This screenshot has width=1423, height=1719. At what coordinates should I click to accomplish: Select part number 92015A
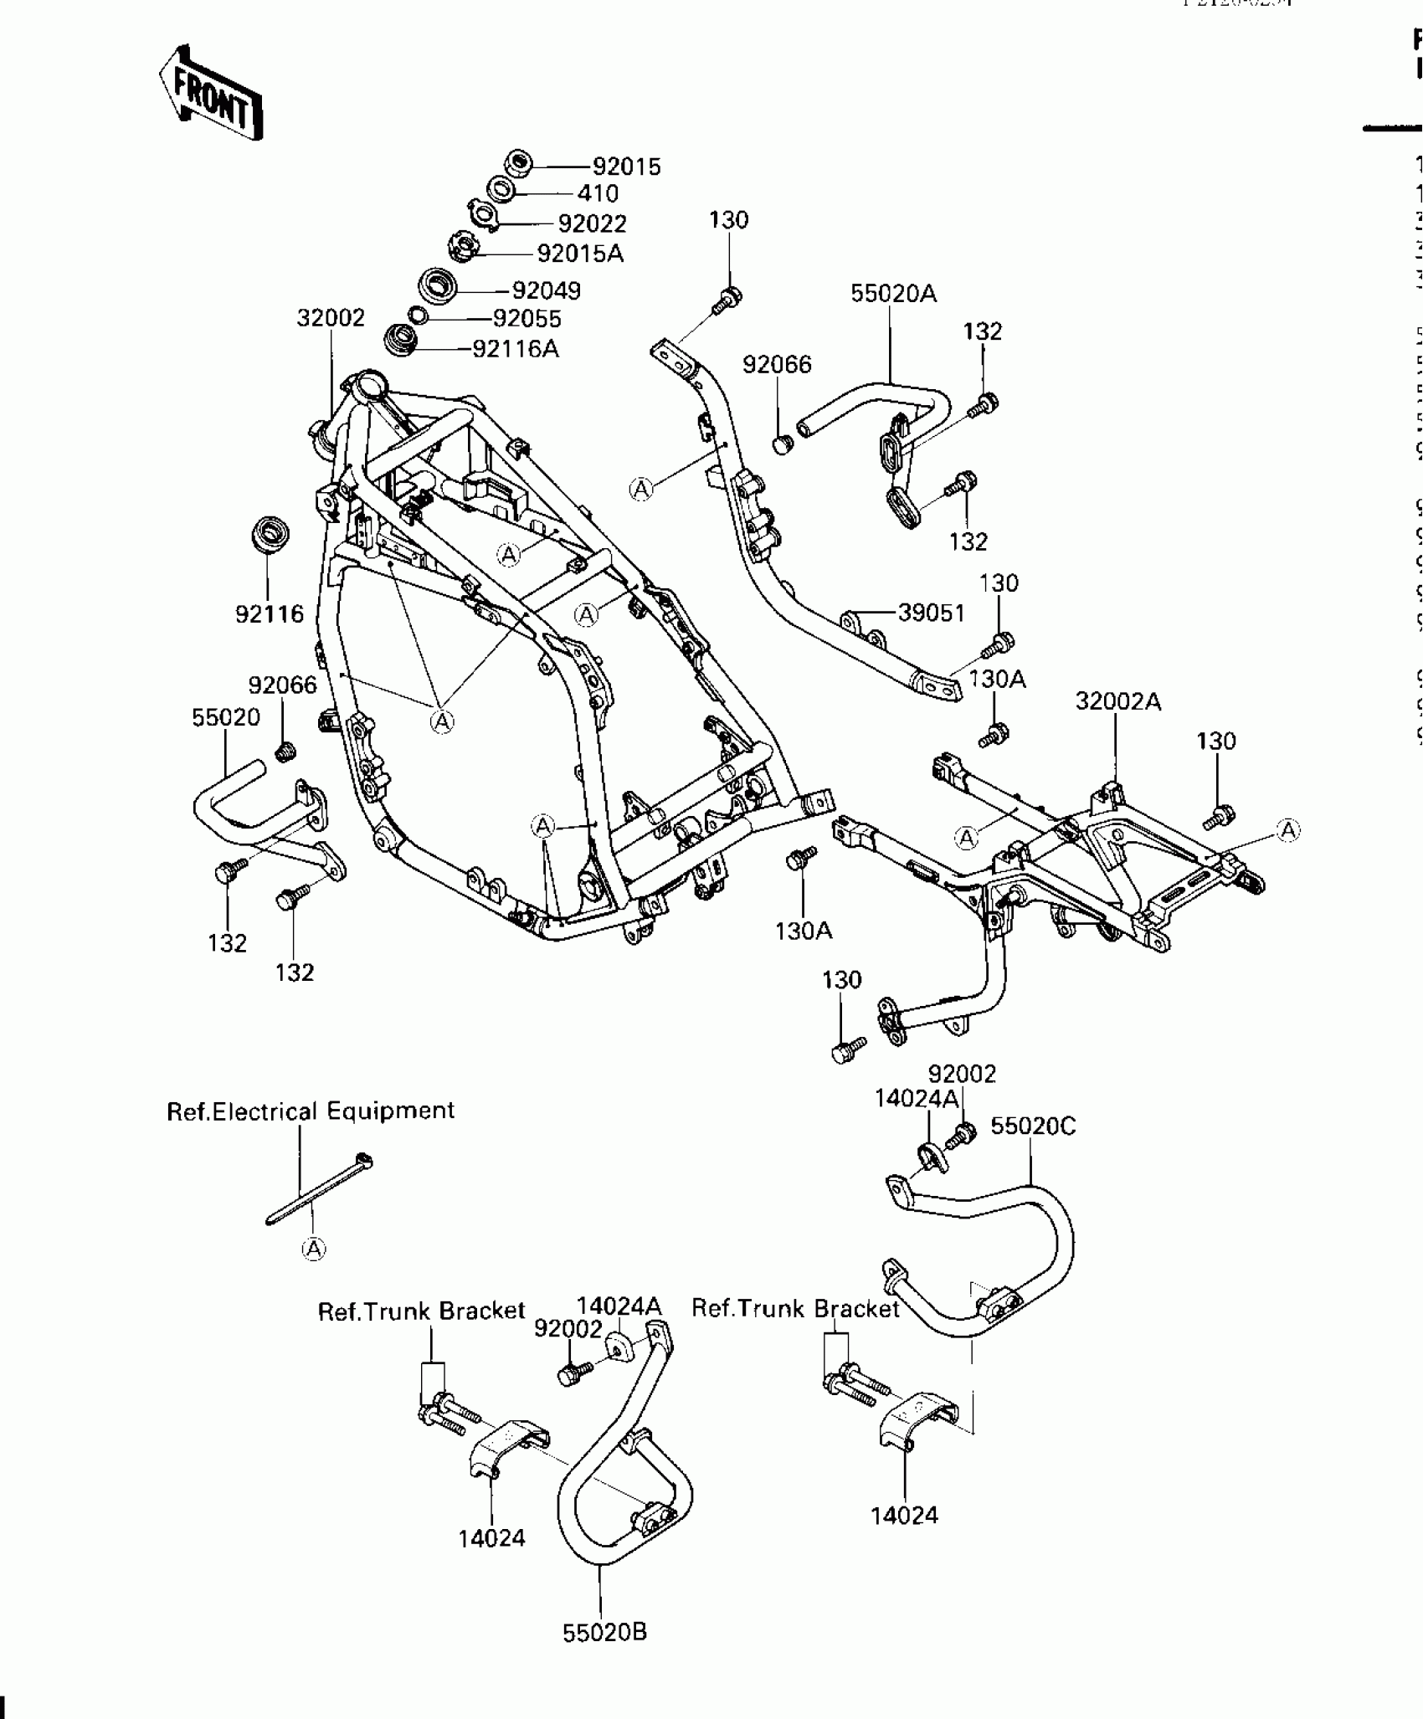click(x=580, y=253)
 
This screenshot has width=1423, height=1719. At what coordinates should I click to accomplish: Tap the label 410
click(x=598, y=193)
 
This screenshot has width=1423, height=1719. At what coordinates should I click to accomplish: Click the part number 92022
click(x=592, y=223)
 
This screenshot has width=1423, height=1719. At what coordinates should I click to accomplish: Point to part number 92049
click(x=546, y=290)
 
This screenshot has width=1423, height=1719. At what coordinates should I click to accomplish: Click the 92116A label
click(x=515, y=348)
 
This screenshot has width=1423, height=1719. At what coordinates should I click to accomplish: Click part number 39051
click(x=932, y=613)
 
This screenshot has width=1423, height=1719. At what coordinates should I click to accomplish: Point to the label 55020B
click(x=604, y=1632)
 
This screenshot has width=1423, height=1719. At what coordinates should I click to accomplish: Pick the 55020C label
click(x=1033, y=1126)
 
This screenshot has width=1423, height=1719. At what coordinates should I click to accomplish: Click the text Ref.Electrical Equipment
click(x=311, y=1111)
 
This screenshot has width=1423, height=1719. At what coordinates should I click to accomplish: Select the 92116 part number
click(x=269, y=614)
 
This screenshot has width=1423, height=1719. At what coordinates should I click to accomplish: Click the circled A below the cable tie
click(x=313, y=1249)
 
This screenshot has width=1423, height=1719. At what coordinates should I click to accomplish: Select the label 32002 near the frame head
click(x=331, y=318)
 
